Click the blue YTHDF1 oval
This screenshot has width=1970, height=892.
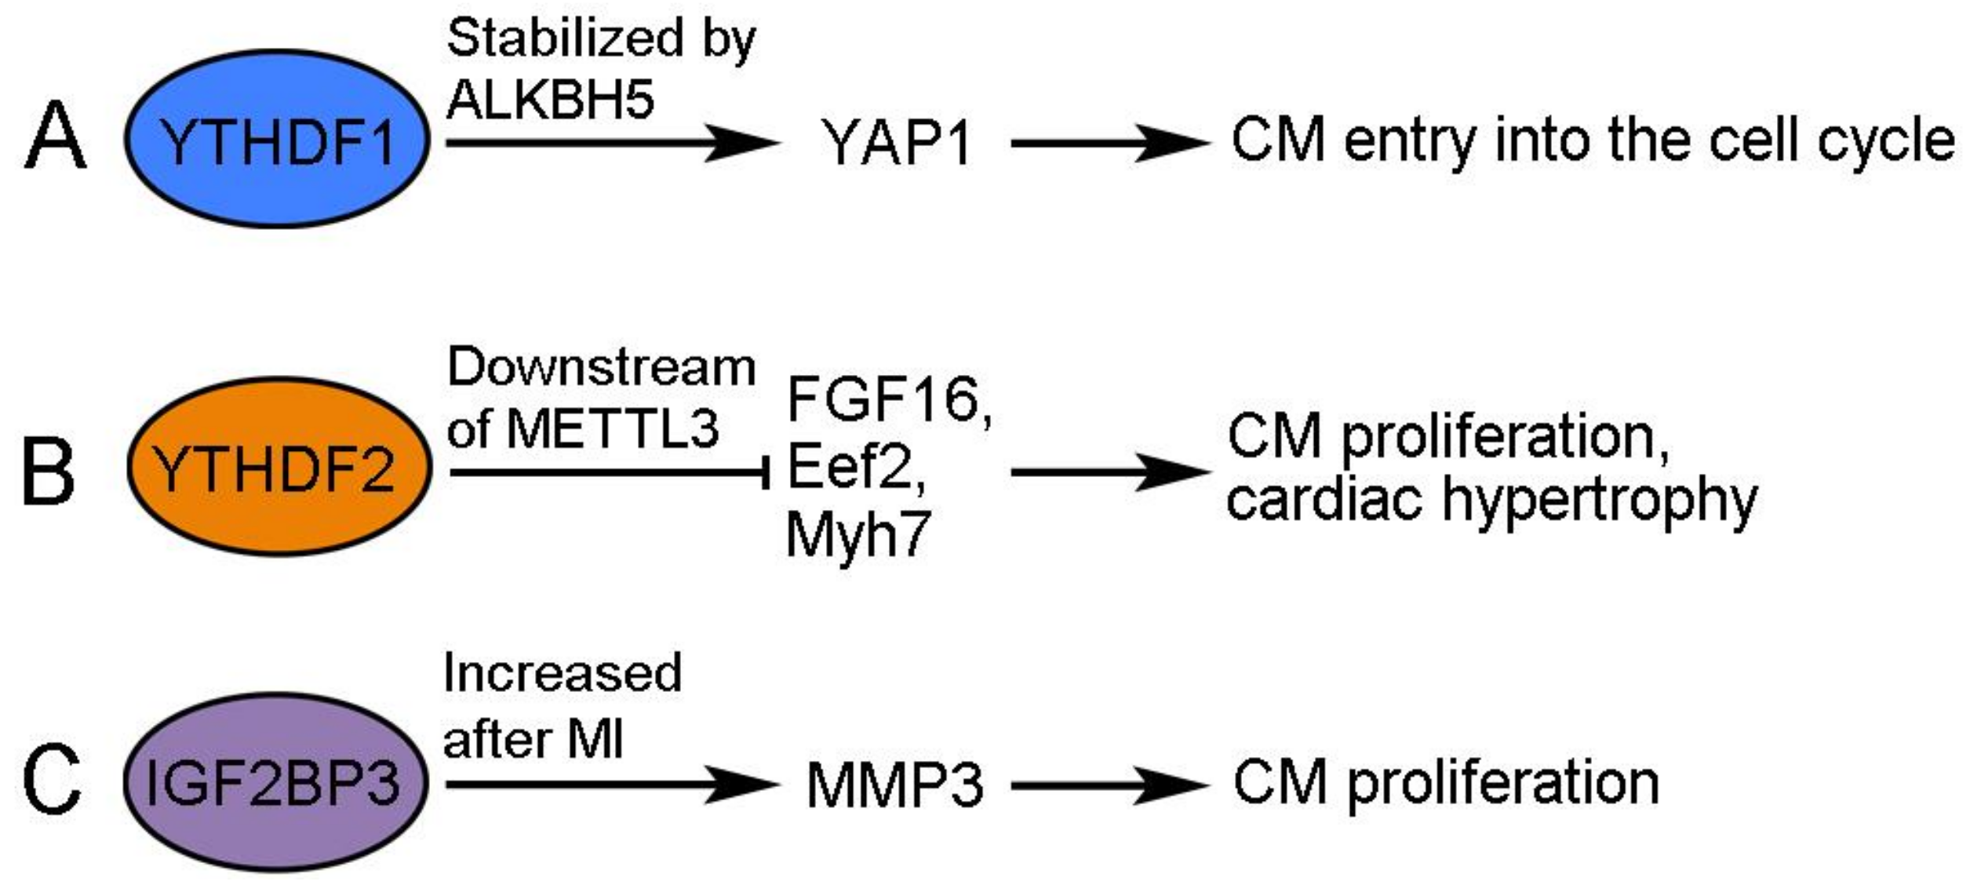point(277,140)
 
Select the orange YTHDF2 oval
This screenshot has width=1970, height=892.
point(279,468)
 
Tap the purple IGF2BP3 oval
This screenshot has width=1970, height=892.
point(275,782)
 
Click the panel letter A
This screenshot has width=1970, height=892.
point(55,137)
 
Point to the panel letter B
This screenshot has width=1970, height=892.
point(49,473)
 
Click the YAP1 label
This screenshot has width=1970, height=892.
point(896,144)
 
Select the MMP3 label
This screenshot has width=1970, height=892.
point(894,786)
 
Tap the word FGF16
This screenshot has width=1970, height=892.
point(885,400)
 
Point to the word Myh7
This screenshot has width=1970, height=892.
point(858,535)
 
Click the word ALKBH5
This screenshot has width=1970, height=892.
point(550,100)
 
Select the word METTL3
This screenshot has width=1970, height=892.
point(612,429)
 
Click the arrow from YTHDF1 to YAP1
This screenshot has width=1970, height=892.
point(612,143)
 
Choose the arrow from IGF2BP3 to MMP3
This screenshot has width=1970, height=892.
point(612,785)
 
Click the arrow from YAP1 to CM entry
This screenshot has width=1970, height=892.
point(1110,143)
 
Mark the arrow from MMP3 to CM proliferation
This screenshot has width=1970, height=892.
point(1110,785)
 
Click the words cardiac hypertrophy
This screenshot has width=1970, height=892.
point(1491,501)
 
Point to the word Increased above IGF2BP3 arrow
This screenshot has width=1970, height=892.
point(562,673)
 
